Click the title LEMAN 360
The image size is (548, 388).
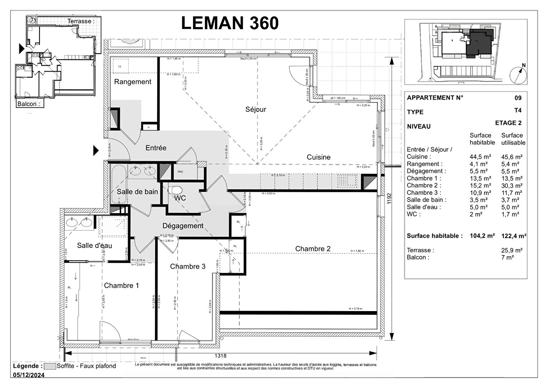point(230,23)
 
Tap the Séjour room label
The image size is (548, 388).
point(256,109)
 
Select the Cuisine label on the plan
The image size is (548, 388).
point(318,157)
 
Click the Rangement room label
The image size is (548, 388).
point(133,82)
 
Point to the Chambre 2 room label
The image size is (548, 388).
point(313,249)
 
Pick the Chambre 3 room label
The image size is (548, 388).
point(188,266)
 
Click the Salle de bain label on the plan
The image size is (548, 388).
point(137,192)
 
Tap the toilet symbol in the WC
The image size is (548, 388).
point(175,190)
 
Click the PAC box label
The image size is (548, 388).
point(180,172)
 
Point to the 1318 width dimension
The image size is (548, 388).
point(221,356)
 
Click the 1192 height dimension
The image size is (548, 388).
point(389,199)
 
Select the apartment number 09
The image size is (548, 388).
point(518,98)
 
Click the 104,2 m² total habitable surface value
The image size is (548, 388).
point(482,236)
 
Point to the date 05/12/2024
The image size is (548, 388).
point(29,375)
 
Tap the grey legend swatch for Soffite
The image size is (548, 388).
point(50,366)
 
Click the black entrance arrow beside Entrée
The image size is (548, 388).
point(96,150)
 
